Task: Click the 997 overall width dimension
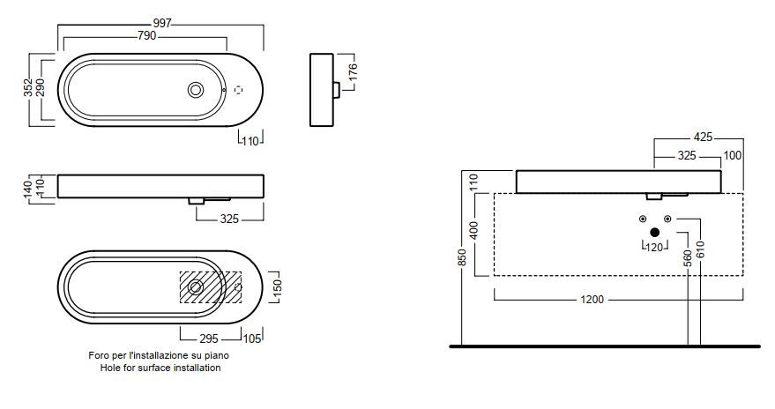pyautogui.click(x=160, y=22)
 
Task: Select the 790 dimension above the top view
pyautogui.click(x=146, y=36)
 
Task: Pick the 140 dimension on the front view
pyautogui.click(x=27, y=187)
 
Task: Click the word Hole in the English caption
pyautogui.click(x=110, y=368)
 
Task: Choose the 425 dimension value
pyautogui.click(x=703, y=138)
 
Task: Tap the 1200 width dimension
pyautogui.click(x=592, y=300)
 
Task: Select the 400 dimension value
pyautogui.click(x=473, y=231)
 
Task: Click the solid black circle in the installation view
pyautogui.click(x=654, y=233)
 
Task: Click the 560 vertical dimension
pyautogui.click(x=688, y=257)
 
